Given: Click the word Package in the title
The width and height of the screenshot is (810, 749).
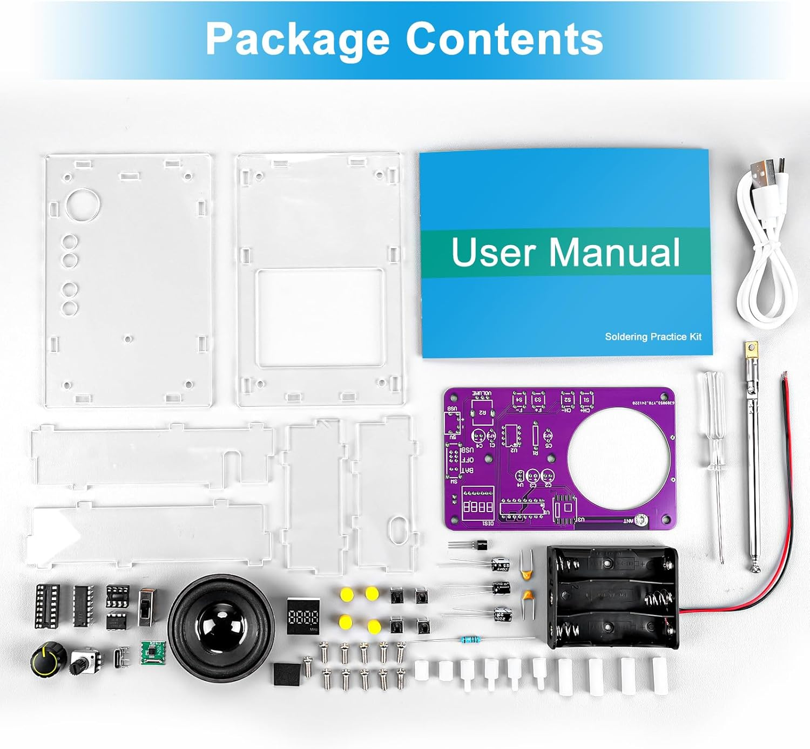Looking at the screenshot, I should click(298, 39).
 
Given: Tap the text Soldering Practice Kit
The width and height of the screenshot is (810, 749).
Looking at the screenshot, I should click(653, 337).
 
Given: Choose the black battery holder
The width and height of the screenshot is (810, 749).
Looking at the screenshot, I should click(613, 596).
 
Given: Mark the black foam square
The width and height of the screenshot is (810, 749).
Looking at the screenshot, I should click(286, 674).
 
